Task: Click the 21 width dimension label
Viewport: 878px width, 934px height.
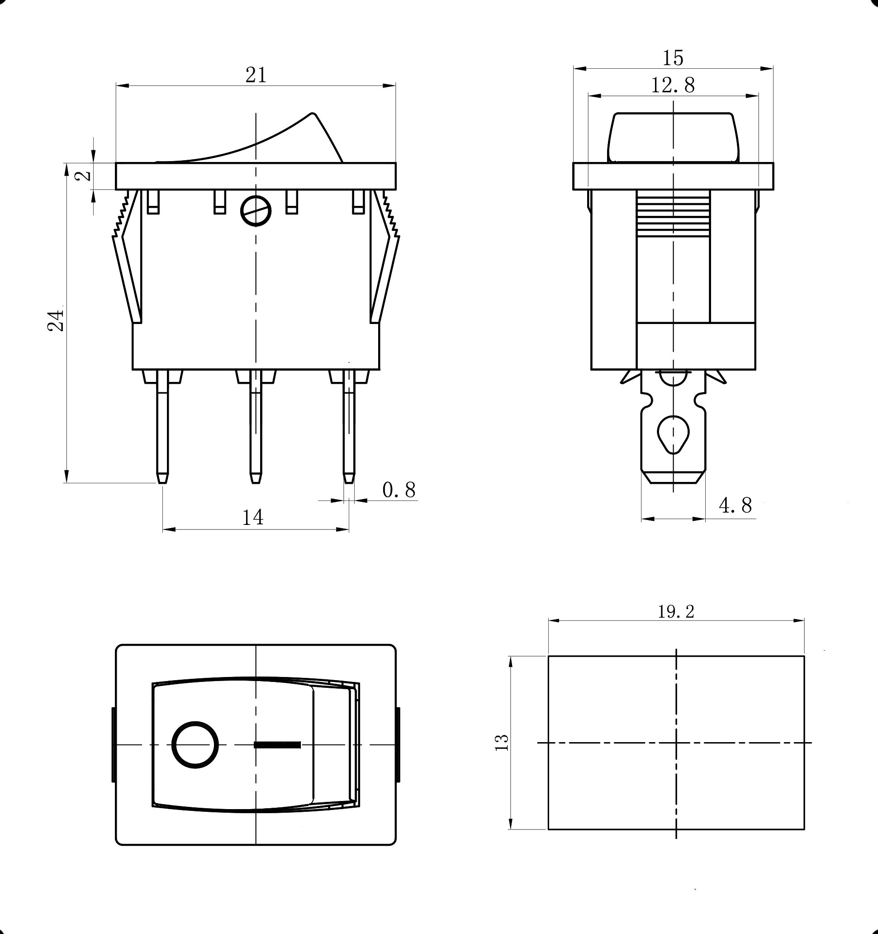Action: click(x=256, y=75)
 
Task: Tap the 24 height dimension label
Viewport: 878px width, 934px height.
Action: click(x=56, y=320)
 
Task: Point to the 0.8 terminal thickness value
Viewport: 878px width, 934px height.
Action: click(x=399, y=490)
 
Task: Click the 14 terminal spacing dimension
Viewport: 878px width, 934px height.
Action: click(x=252, y=517)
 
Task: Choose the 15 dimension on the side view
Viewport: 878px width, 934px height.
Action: click(x=673, y=58)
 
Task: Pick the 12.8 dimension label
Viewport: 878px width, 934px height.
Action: click(x=672, y=85)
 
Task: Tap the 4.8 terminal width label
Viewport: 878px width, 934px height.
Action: click(x=735, y=505)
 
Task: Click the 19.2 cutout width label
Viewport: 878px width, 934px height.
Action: click(x=676, y=611)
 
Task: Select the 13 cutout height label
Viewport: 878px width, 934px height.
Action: click(x=502, y=742)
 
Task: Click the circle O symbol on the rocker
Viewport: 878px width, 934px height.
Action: click(x=195, y=745)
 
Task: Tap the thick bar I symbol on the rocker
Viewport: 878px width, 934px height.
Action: click(x=277, y=745)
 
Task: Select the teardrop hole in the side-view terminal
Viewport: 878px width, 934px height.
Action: click(x=673, y=434)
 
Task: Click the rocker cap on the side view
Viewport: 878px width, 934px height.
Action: click(x=673, y=137)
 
